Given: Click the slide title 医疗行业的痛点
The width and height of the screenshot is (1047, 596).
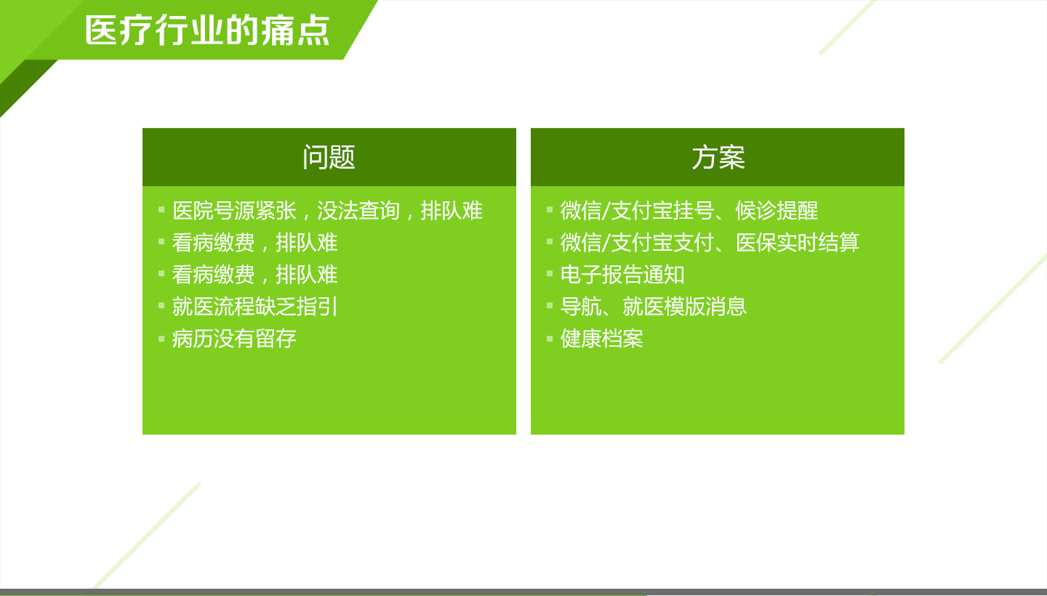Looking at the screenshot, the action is [207, 31].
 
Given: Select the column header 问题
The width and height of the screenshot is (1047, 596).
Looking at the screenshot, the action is [329, 158].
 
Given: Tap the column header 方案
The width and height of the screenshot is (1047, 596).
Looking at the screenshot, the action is [718, 158].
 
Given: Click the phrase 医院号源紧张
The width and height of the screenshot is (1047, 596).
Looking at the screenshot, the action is [234, 211].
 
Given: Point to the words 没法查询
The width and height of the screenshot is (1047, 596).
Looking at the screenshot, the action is [358, 211].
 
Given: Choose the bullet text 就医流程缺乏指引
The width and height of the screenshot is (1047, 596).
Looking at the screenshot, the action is [254, 307].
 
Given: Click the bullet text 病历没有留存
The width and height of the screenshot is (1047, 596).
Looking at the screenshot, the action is [234, 339].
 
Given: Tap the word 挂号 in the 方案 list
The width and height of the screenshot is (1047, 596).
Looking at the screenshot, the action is [694, 211].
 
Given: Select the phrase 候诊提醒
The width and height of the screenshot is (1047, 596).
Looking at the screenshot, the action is [777, 211].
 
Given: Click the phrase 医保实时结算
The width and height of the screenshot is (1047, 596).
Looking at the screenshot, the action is [798, 243].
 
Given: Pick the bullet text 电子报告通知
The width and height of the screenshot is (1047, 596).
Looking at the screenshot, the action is [622, 275].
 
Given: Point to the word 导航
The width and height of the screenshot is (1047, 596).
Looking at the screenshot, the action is [581, 307].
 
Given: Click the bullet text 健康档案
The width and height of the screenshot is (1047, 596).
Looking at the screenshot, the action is [602, 339].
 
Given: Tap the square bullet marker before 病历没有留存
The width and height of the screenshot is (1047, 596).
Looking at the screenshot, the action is [161, 339].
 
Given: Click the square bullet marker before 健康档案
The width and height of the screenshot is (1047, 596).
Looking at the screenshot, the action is [550, 339].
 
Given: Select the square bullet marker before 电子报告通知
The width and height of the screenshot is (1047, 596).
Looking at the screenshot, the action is [550, 274].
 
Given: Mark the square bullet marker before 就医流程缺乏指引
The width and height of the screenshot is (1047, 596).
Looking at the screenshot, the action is [161, 306].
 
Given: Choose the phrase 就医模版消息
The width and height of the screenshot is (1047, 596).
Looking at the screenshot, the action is [684, 307].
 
